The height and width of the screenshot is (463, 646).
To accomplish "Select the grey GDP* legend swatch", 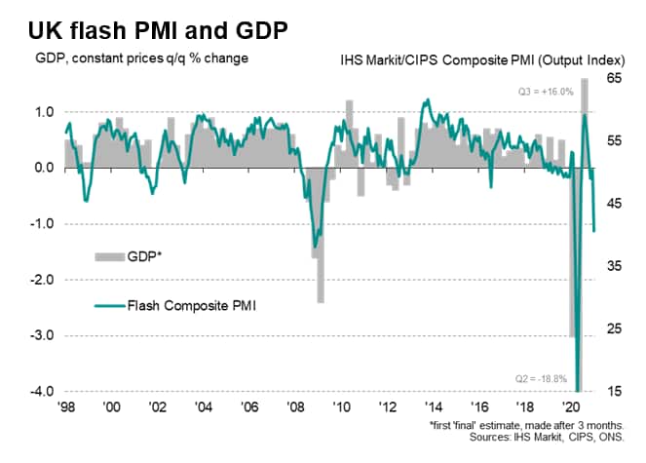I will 108,256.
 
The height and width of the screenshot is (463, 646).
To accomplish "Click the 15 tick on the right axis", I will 614,392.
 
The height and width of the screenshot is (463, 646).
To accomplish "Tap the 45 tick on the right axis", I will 614,204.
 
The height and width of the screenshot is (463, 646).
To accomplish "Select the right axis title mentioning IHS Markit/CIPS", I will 489,60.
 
